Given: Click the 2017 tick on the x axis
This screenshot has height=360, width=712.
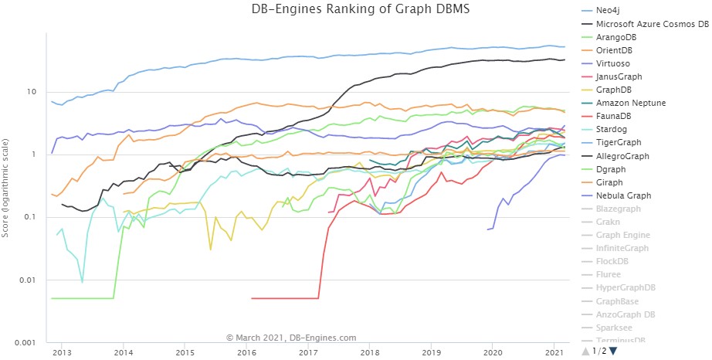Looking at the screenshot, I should pos(307,351).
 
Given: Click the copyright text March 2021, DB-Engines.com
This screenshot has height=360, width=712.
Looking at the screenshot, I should pos(291,337).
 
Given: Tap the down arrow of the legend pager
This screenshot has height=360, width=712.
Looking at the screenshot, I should pos(614,352).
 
